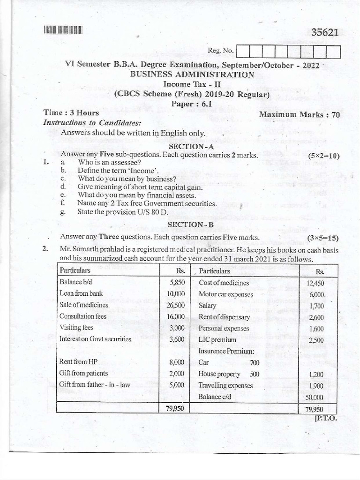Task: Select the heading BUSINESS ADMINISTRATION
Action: tap(192, 75)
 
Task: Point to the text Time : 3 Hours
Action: tap(71, 112)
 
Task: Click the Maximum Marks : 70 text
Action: tap(299, 114)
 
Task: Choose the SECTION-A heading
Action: tap(191, 146)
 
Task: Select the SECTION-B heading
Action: tap(191, 225)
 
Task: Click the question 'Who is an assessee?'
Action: tap(109, 162)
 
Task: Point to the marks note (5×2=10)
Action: tap(323, 156)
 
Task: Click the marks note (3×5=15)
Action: tap(323, 238)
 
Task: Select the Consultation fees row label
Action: tap(83, 316)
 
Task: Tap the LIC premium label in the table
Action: tap(217, 339)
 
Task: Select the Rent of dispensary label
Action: tap(224, 317)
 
